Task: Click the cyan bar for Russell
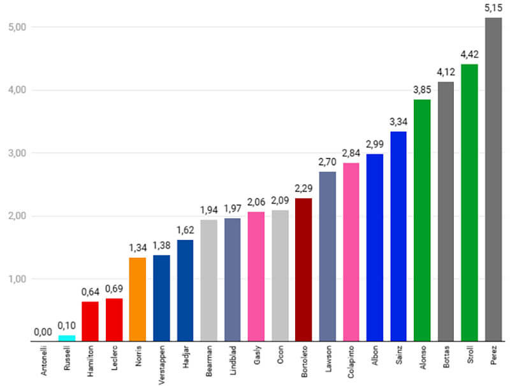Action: tap(66, 338)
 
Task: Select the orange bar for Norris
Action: tap(138, 299)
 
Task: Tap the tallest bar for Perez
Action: tap(493, 179)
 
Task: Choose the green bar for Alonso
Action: tap(422, 220)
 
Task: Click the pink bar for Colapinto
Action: tap(351, 252)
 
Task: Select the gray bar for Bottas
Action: tap(446, 211)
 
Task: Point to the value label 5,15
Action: tap(493, 8)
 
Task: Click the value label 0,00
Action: tap(43, 332)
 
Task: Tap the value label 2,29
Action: tap(303, 188)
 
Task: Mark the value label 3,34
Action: tap(398, 122)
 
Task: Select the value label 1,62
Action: tap(185, 230)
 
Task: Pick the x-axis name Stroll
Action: tap(470, 356)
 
